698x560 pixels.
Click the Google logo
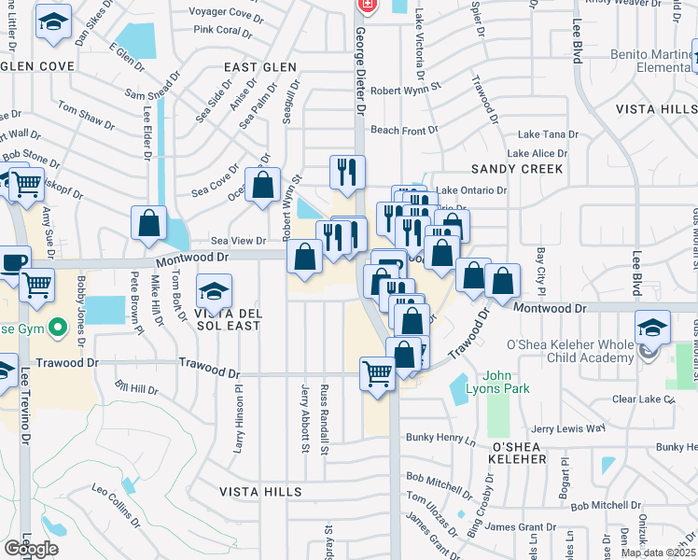pos(31,548)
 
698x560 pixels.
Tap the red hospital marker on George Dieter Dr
pos(367,6)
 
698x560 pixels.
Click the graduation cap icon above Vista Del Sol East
pos(214,292)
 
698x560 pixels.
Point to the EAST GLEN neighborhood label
pos(261,67)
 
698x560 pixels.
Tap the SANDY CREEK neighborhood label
pos(517,169)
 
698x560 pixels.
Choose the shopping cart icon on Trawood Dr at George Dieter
pos(377,375)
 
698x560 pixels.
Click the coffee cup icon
pos(12,264)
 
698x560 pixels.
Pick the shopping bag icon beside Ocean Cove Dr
pos(263,185)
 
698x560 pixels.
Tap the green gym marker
pos(58,328)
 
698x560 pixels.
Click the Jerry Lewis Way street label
pos(567,428)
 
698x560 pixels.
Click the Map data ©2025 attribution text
pos(659,553)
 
